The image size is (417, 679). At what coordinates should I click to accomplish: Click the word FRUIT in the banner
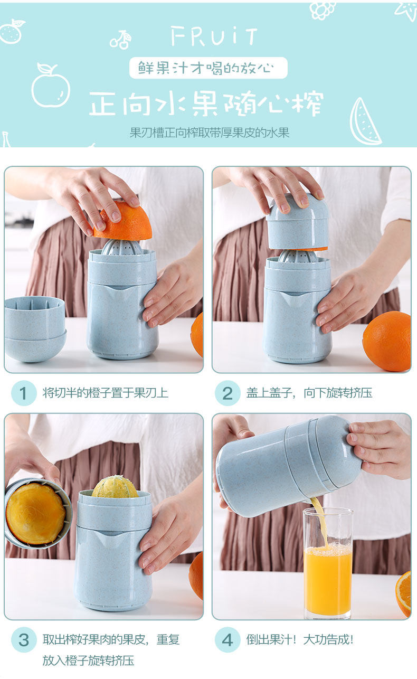pyautogui.click(x=214, y=36)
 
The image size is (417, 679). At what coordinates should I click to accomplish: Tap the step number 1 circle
pyautogui.click(x=24, y=393)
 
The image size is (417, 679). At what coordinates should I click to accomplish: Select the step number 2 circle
pyautogui.click(x=228, y=393)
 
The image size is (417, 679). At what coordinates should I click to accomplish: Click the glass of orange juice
pyautogui.click(x=328, y=563)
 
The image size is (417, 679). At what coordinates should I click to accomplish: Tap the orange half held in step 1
pyautogui.click(x=123, y=221)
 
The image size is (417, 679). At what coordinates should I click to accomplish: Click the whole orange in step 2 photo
pyautogui.click(x=387, y=341)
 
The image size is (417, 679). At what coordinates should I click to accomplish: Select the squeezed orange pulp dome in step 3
pyautogui.click(x=115, y=487)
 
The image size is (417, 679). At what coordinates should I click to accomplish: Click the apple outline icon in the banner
pyautogui.click(x=51, y=85)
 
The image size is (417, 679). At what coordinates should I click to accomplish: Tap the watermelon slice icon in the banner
pyautogui.click(x=364, y=122)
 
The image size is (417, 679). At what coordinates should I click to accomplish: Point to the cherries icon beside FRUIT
pyautogui.click(x=121, y=40)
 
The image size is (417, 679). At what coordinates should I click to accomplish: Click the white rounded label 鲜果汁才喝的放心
pyautogui.click(x=208, y=68)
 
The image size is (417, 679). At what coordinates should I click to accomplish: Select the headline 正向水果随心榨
pyautogui.click(x=206, y=103)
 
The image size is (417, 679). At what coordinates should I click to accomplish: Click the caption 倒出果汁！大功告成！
pyautogui.click(x=300, y=639)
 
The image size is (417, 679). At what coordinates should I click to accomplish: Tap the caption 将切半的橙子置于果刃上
pyautogui.click(x=105, y=393)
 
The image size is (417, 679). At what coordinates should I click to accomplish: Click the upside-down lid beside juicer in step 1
pyautogui.click(x=35, y=329)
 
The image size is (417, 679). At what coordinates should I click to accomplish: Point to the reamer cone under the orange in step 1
pyautogui.click(x=121, y=247)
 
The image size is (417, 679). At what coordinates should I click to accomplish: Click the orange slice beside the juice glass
pyautogui.click(x=403, y=594)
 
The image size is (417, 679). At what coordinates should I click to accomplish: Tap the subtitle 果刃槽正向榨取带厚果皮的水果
pyautogui.click(x=210, y=133)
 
